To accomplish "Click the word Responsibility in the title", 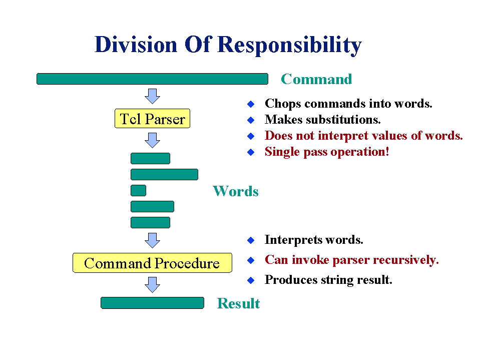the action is pos(290,45).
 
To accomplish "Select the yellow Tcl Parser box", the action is pos(152,119).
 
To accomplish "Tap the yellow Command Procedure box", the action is pos(152,263).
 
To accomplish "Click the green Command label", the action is pos(316,79).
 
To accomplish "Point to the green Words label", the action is pos(235,191).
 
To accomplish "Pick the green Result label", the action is pos(238,303).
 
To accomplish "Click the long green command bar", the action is pos(152,79).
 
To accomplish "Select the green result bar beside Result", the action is pos(152,303).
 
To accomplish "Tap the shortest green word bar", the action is pos(138,190).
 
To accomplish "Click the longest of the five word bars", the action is pos(164,174).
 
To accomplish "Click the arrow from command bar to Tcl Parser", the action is pos(152,96).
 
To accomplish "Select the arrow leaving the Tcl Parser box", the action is pos(152,140).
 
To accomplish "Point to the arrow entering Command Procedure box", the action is pos(152,240).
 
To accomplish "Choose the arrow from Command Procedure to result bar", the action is pos(152,285).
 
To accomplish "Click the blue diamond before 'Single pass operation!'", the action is pos(251,152).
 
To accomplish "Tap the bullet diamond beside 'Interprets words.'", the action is pos(251,240).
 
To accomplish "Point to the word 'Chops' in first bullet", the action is pos(283,104).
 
